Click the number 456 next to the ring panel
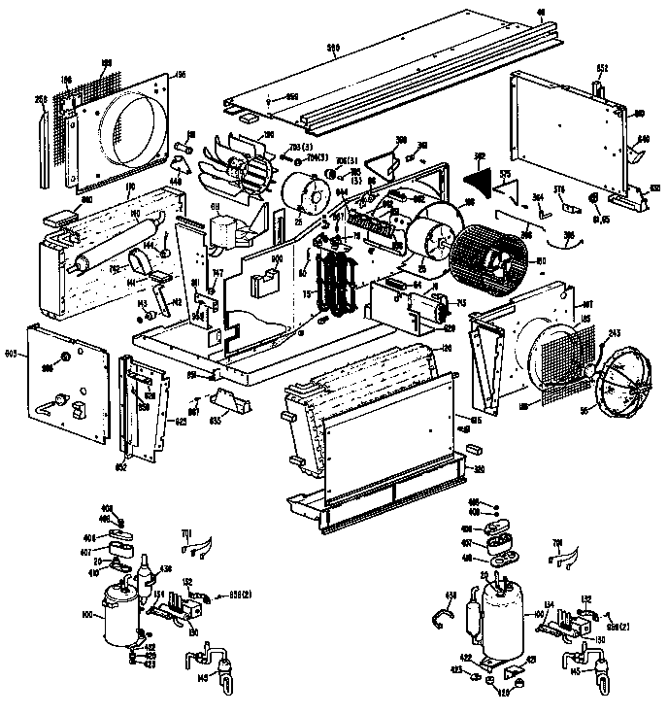tap(179, 75)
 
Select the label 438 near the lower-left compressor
tap(165, 569)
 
